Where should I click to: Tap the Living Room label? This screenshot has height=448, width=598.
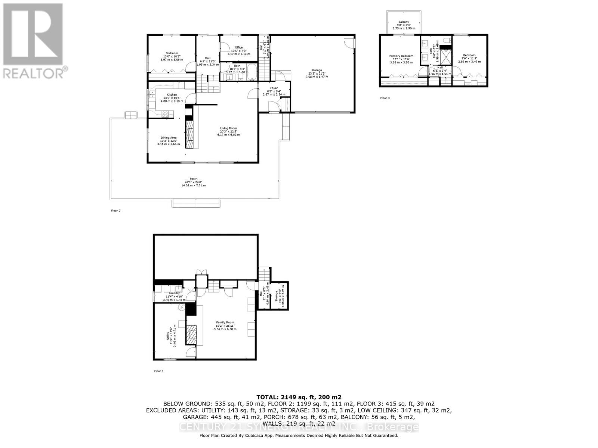click(x=228, y=128)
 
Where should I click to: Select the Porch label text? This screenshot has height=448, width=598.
click(x=193, y=179)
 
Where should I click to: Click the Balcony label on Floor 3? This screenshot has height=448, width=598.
click(x=403, y=22)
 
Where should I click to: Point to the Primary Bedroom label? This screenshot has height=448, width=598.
click(x=401, y=56)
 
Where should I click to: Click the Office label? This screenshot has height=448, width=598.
click(x=239, y=47)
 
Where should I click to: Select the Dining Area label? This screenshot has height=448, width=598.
click(x=169, y=137)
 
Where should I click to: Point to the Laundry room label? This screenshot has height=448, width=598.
click(x=174, y=293)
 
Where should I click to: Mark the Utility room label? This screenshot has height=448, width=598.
click(x=168, y=336)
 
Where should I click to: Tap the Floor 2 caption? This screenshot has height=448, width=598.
click(x=115, y=211)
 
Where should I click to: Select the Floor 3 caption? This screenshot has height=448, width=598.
click(x=385, y=98)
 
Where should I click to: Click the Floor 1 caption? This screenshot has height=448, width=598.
click(x=159, y=371)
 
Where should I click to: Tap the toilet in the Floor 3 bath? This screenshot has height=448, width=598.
click(x=447, y=40)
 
